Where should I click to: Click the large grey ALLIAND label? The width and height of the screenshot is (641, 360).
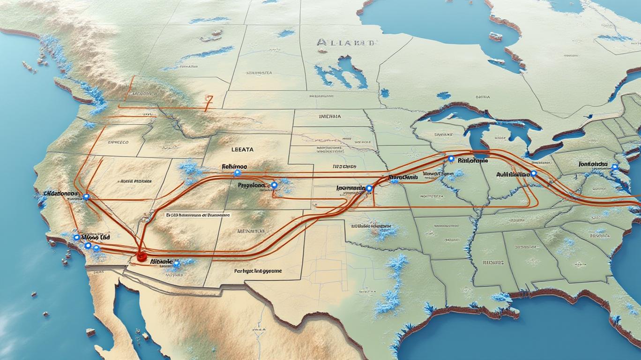point(346,43)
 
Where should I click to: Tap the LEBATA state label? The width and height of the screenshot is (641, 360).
point(242,150)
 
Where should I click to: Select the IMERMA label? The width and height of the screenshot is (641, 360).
point(330,116)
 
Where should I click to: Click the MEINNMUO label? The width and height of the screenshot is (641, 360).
point(251,231)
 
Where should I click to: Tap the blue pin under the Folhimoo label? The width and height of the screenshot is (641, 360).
point(237,173)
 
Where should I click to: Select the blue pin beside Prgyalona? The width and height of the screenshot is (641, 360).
point(274,185)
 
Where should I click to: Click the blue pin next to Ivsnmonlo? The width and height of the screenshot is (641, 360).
point(369,188)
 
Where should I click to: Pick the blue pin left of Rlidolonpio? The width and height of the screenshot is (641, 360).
point(451,159)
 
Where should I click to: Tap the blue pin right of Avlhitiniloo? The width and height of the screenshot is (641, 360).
point(534,173)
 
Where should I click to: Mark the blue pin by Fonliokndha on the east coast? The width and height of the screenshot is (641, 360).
point(615,167)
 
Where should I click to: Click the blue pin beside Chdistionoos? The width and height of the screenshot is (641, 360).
point(86,197)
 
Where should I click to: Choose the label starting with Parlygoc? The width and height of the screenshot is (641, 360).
point(258,271)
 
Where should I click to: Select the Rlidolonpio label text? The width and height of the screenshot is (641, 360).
point(472,160)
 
